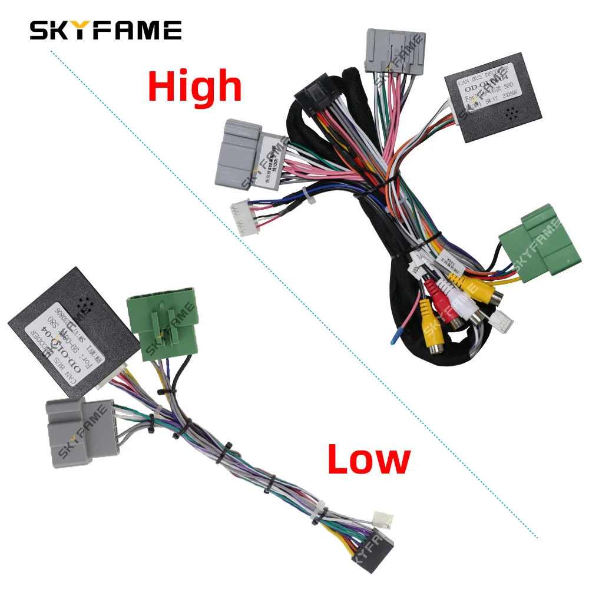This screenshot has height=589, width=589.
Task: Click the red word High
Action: (x=195, y=87)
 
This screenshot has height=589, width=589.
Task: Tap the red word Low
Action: (x=368, y=459)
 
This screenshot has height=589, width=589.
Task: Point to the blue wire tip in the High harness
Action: (x=392, y=336)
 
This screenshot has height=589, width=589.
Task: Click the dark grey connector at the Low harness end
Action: (x=383, y=547)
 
